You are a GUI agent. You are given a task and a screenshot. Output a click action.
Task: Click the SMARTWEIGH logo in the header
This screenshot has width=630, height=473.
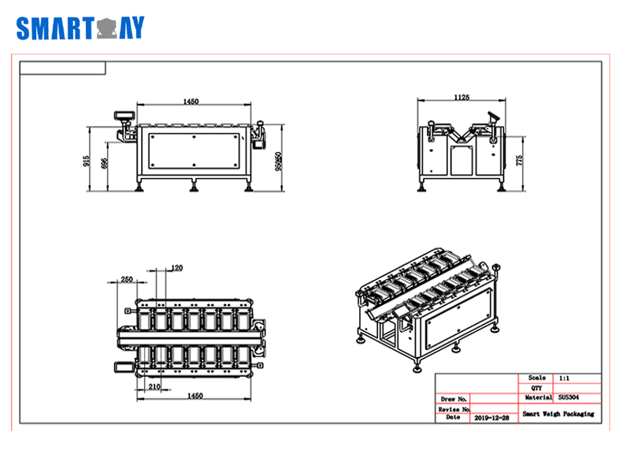pos(80,28)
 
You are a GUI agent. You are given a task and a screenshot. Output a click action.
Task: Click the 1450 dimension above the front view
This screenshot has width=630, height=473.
pos(191,101)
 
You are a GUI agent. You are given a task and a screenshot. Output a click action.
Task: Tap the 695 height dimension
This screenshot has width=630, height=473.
pos(105,164)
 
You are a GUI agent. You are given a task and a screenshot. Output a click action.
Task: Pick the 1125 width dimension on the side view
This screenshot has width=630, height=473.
pos(462,97)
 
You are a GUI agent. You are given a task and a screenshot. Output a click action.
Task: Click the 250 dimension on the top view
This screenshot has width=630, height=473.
pos(126,279)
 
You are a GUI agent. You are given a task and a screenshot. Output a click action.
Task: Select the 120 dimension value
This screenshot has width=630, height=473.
pos(176,268)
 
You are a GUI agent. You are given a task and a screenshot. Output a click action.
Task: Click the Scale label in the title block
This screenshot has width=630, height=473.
pos(537,378)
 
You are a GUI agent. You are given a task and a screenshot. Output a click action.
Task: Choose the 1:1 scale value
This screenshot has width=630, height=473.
pos(565,378)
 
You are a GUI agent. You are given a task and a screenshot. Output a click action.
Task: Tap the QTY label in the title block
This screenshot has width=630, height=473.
pos(537,388)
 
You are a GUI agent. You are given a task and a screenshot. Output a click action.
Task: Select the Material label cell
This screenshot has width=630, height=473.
pos(537,398)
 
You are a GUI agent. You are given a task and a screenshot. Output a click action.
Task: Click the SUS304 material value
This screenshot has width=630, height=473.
pos(568,398)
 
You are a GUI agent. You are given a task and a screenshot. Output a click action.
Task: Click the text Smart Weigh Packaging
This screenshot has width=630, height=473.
pos(558,414)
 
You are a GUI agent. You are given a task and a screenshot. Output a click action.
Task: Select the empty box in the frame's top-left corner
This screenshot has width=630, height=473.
pos(62,68)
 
